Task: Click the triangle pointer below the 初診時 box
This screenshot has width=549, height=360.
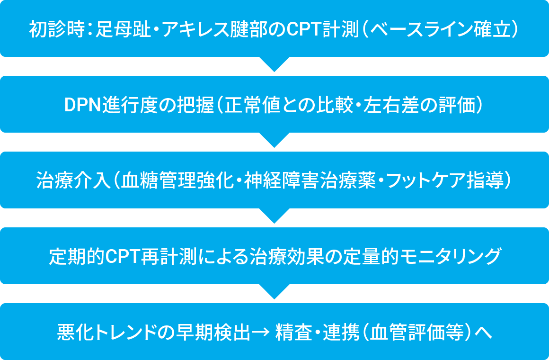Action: click(x=274, y=64)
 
